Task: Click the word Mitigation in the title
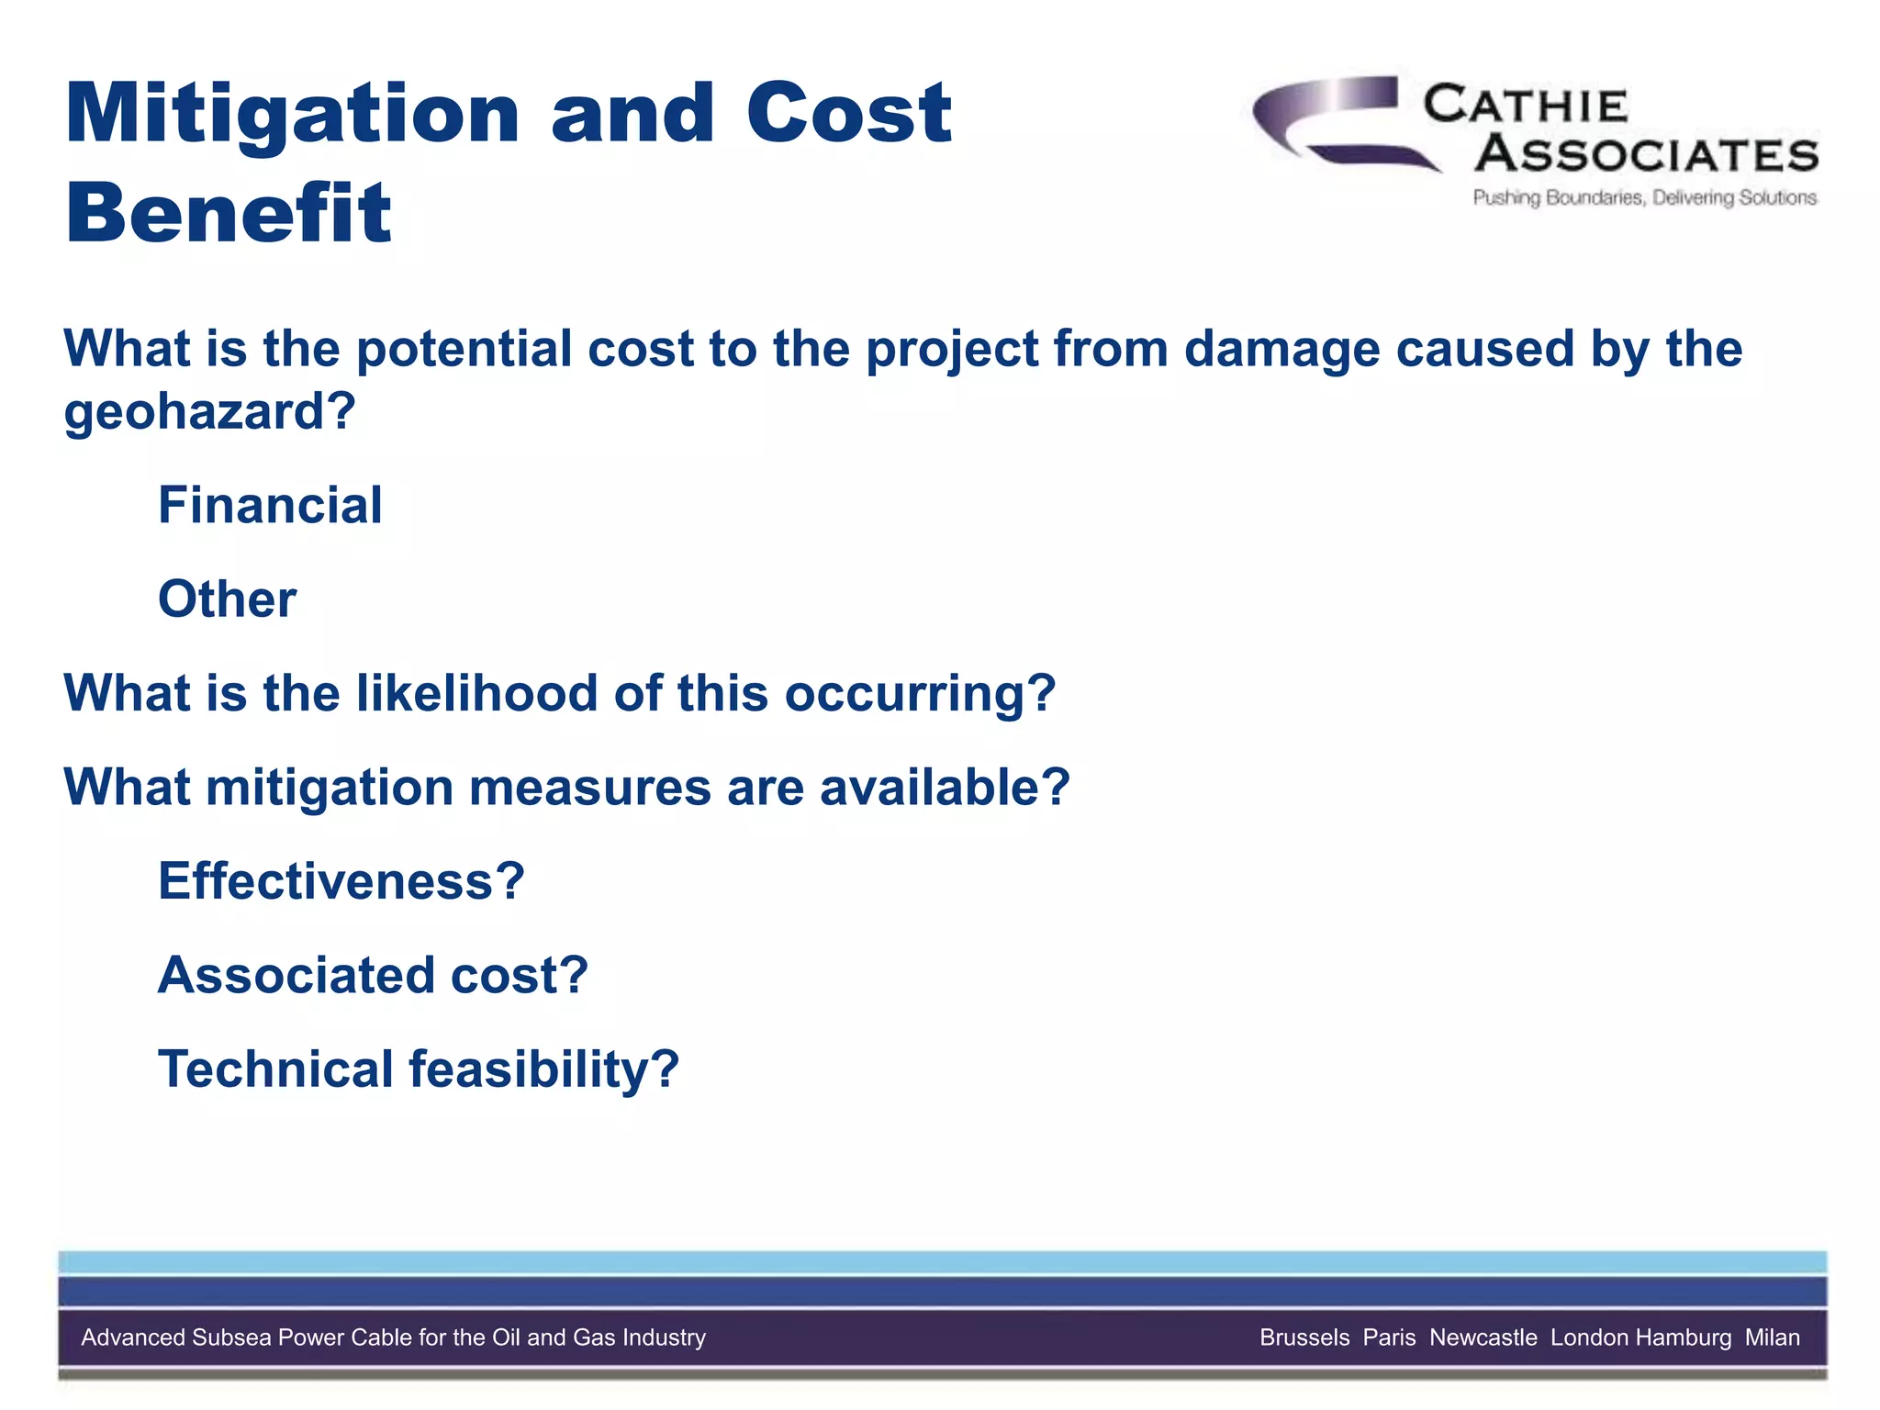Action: coord(293,116)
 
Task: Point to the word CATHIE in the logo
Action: coord(1526,106)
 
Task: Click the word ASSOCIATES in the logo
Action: coord(1647,154)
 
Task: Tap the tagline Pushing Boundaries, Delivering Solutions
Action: coord(1644,198)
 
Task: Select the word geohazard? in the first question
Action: coord(209,410)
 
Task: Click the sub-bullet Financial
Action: coord(270,505)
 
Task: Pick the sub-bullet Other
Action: coord(227,599)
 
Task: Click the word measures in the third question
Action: coord(589,788)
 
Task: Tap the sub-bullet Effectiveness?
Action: coord(341,881)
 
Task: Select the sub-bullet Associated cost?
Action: coord(373,975)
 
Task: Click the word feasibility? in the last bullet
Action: coord(543,1069)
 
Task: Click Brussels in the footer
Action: coord(1304,1337)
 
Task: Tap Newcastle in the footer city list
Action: coord(1483,1337)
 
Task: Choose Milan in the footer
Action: coord(1772,1337)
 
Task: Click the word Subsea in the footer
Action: coord(232,1337)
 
